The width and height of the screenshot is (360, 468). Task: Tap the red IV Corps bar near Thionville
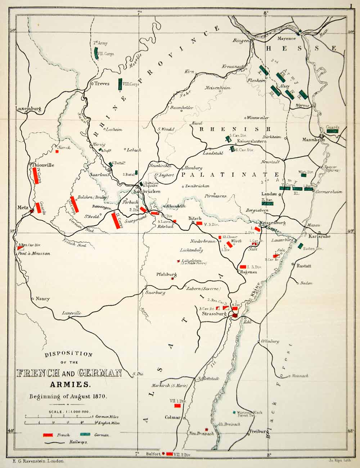(35, 176)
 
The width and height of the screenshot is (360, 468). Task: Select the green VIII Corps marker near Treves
(120, 84)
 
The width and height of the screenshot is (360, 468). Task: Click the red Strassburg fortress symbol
(235, 315)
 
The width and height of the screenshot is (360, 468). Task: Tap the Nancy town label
(43, 299)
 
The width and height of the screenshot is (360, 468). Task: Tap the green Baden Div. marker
(300, 246)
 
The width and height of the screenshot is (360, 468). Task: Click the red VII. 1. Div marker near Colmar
(177, 406)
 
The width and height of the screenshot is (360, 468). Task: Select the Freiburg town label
(258, 431)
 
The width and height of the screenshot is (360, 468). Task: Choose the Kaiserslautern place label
(252, 141)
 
